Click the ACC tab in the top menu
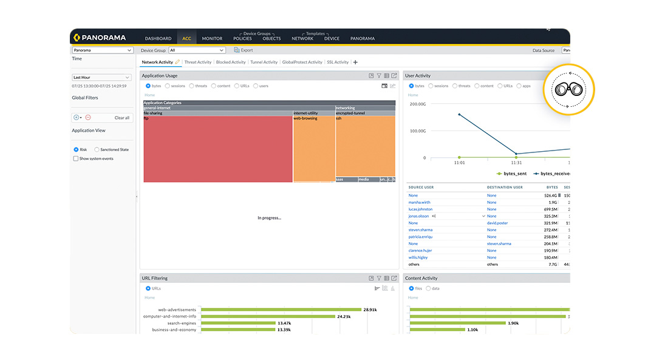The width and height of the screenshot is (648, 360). coord(186,38)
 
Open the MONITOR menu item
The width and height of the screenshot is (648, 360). coord(212,38)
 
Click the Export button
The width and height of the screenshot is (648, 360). coord(244,50)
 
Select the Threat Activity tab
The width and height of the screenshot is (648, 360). coord(198,62)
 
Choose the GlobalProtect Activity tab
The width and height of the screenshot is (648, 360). coord(302,62)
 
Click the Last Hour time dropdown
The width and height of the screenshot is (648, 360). coord(101,78)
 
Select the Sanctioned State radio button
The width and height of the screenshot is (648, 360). coord(97,149)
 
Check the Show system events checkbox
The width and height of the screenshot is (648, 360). coord(76,158)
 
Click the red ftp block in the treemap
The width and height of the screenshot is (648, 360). coord(217,149)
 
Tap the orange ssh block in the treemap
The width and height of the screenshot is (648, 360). coord(365,146)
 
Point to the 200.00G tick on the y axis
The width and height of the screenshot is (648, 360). coord(417,104)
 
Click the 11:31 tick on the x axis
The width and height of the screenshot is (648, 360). coord(516,163)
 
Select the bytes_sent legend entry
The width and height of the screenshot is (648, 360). coord(511,174)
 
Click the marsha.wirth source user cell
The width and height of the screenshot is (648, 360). coord(420,202)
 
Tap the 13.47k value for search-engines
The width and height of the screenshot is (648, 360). coord(284,323)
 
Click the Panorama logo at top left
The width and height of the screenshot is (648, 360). coord(101,38)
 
